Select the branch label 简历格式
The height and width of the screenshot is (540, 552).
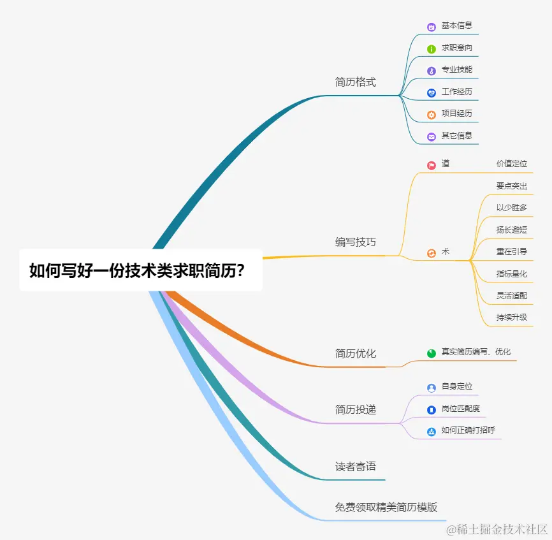(356, 82)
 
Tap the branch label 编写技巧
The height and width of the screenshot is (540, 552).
(356, 242)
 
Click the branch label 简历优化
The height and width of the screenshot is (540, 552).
(356, 353)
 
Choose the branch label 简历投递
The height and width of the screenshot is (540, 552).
(356, 409)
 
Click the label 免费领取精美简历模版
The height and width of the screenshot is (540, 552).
(386, 507)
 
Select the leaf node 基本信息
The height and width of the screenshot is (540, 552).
(457, 26)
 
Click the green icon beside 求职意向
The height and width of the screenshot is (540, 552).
(432, 48)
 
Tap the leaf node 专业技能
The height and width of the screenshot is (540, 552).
(457, 69)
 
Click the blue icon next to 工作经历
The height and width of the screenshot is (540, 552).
(432, 92)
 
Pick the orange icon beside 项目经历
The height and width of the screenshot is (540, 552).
(432, 115)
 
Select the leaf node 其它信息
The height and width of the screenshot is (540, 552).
(457, 136)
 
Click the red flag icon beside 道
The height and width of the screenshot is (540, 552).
(432, 164)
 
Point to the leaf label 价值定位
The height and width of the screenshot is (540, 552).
(512, 164)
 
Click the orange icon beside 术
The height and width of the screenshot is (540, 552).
(432, 252)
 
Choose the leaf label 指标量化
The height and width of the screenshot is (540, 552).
(512, 274)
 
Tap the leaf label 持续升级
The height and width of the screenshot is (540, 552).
(512, 317)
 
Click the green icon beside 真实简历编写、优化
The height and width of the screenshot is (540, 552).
(432, 353)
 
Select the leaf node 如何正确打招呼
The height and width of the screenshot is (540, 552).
(468, 430)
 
